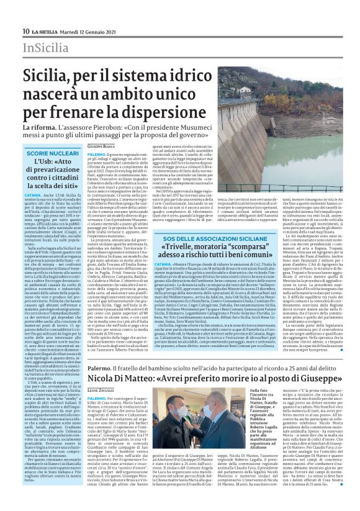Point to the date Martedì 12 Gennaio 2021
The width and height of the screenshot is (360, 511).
91,31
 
